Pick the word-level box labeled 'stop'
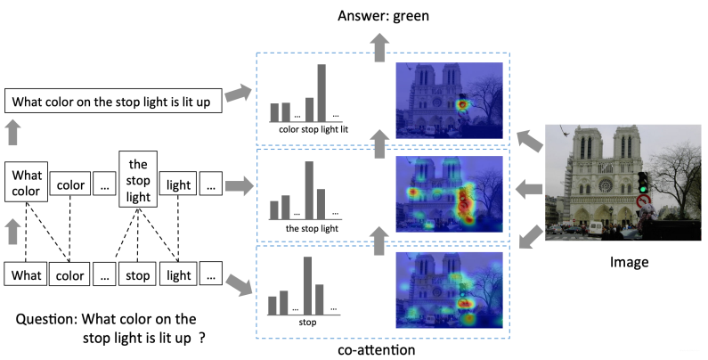point(137,274)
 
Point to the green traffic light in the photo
point(643,184)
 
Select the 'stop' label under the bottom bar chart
point(307,322)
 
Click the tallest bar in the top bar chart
point(321,92)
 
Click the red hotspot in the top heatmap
point(463,105)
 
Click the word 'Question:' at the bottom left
point(46,319)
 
